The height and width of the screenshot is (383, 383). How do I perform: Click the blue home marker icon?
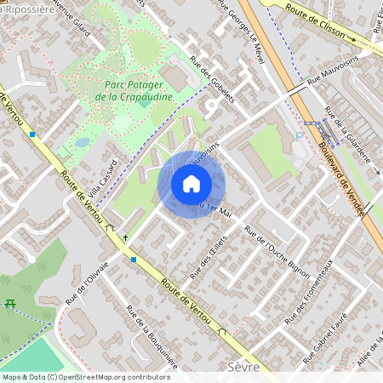(x=191, y=184)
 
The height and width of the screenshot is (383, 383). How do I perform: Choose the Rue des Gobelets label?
(x=211, y=77)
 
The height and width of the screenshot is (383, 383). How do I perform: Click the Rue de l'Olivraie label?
(x=88, y=283)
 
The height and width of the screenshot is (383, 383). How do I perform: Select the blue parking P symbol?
(x=298, y=135)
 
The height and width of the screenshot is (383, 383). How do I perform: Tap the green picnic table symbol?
(x=11, y=304)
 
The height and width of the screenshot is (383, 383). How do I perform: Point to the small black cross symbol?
(x=126, y=237)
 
